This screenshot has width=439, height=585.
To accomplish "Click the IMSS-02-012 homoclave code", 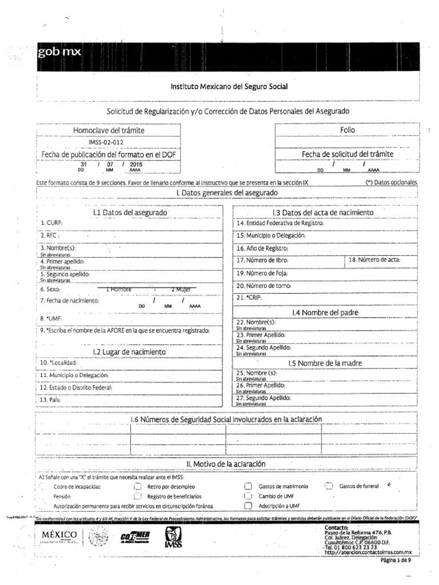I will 106,142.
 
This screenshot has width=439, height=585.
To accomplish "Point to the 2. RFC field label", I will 50,235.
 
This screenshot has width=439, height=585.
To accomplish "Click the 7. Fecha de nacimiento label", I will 70,300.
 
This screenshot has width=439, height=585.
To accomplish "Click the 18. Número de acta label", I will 374,260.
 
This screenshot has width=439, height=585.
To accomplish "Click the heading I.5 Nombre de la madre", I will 325,363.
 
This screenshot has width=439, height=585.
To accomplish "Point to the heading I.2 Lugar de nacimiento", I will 129,352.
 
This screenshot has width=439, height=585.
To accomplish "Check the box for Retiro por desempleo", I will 137,487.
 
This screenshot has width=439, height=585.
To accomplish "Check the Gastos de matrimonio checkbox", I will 248,487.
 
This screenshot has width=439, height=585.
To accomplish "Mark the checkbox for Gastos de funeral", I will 329,486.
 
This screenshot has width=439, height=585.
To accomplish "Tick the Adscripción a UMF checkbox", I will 248,506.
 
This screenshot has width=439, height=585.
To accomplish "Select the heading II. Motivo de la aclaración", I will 226,464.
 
